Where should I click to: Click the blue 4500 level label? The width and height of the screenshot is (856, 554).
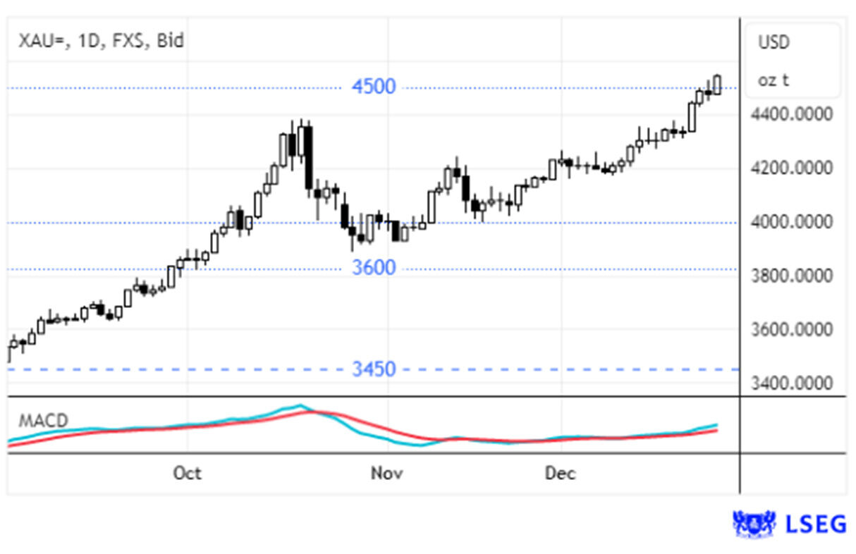pyautogui.click(x=374, y=87)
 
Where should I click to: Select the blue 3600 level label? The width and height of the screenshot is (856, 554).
pyautogui.click(x=374, y=269)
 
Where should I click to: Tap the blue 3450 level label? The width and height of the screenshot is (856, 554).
pyautogui.click(x=374, y=369)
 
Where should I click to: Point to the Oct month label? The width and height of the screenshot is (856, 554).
pyautogui.click(x=187, y=473)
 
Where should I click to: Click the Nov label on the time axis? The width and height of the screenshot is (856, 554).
pyautogui.click(x=386, y=473)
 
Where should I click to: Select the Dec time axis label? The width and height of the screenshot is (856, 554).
pyautogui.click(x=561, y=473)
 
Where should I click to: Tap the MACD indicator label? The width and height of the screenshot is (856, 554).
pyautogui.click(x=43, y=421)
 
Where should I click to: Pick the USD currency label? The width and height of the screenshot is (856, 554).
pyautogui.click(x=774, y=43)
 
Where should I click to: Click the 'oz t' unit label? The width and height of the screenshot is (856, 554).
pyautogui.click(x=774, y=80)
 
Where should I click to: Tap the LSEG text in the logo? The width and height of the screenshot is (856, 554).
pyautogui.click(x=816, y=524)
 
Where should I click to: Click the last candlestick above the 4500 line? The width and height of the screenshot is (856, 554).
pyautogui.click(x=717, y=85)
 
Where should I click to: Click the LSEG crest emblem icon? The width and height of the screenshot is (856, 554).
pyautogui.click(x=754, y=524)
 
